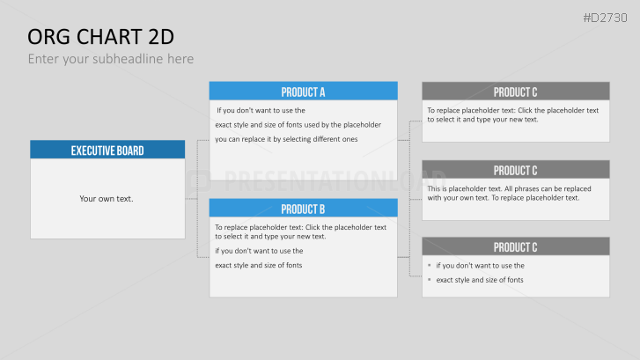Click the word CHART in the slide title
tap(109, 37)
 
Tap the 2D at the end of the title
tap(161, 37)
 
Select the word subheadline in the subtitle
tap(128, 59)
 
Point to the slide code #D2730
tap(605, 18)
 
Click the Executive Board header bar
tap(107, 150)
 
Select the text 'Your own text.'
tap(107, 199)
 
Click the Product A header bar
tap(303, 91)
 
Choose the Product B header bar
tap(303, 208)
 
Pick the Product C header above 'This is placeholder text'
tap(516, 170)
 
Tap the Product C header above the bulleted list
tap(516, 246)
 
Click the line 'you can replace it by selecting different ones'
tap(286, 139)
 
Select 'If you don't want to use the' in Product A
tap(261, 110)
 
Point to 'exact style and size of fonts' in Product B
tap(258, 265)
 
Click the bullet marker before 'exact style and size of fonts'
tap(430, 280)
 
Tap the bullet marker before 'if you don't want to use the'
tap(430, 265)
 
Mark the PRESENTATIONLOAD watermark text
tap(335, 180)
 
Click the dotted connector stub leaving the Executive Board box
tap(191, 199)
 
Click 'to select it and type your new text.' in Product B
tap(270, 236)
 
